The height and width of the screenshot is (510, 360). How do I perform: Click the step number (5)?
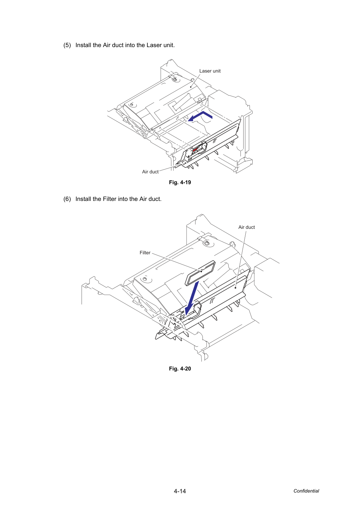[x=67, y=45]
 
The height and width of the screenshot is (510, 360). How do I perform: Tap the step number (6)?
[x=67, y=199]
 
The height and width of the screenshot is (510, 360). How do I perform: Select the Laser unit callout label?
[x=210, y=71]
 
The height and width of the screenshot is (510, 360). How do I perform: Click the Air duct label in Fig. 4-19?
[x=150, y=172]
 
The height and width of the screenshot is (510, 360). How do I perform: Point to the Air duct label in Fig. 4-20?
[x=246, y=227]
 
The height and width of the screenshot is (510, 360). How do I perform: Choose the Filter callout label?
[x=145, y=253]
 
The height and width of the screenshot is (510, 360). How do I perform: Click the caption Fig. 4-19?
[x=180, y=182]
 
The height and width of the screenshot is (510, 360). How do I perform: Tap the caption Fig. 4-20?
[x=180, y=369]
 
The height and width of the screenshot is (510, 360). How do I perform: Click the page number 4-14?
[x=180, y=491]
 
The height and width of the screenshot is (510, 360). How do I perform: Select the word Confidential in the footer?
[x=306, y=491]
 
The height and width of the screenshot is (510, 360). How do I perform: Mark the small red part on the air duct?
[x=195, y=150]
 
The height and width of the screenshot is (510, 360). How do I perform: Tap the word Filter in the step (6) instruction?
[x=109, y=199]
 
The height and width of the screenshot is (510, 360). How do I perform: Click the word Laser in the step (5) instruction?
[x=154, y=45]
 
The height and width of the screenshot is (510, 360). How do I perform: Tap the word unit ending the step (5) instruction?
[x=169, y=45]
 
